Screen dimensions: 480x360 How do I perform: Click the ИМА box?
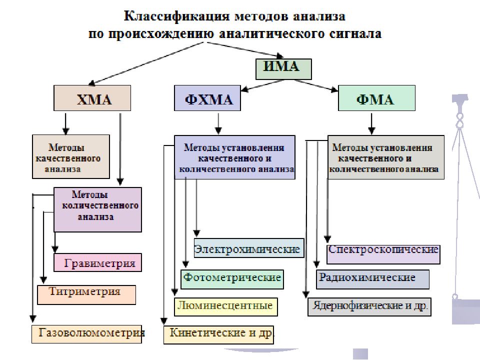tap(283, 69)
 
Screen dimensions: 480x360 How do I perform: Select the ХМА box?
tap(92, 98)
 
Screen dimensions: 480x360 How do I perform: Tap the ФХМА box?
tap(207, 98)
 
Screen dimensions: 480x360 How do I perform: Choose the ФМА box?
tap(376, 98)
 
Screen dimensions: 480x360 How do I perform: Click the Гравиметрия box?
tap(97, 262)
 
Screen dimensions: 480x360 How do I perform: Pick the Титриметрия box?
tap(86, 295)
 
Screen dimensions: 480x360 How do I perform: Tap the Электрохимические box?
tap(249, 248)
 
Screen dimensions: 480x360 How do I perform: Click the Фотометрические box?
tap(232, 279)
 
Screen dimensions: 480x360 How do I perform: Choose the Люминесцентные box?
tap(226, 306)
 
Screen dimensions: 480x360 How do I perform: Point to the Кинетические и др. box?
tap(218, 335)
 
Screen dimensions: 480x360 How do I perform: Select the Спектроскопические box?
tap(383, 254)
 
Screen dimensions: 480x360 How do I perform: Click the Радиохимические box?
tap(372, 279)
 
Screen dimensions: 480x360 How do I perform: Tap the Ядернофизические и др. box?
tap(369, 306)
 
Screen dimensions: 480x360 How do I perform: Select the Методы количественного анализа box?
tap(97, 209)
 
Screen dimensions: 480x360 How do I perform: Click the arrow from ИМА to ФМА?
tap(316, 85)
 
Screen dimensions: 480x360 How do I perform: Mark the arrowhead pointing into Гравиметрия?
tap(55, 249)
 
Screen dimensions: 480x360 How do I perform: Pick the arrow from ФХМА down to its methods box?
tap(218, 123)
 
